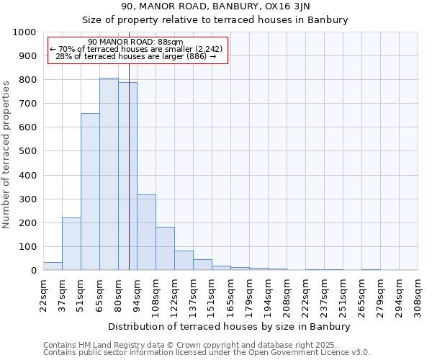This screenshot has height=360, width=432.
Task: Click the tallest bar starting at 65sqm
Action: (109, 174)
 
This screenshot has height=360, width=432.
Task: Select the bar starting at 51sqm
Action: (90, 192)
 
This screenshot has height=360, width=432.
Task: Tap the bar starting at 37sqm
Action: (71, 244)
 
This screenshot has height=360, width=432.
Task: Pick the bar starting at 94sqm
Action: (146, 233)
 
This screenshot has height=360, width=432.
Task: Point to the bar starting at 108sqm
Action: (165, 248)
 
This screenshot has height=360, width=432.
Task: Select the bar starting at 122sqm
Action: (184, 261)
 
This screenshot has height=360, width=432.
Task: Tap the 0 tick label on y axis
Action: (33, 271)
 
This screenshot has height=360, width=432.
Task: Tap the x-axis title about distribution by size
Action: (230, 327)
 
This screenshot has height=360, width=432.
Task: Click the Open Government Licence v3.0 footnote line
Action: (207, 353)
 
